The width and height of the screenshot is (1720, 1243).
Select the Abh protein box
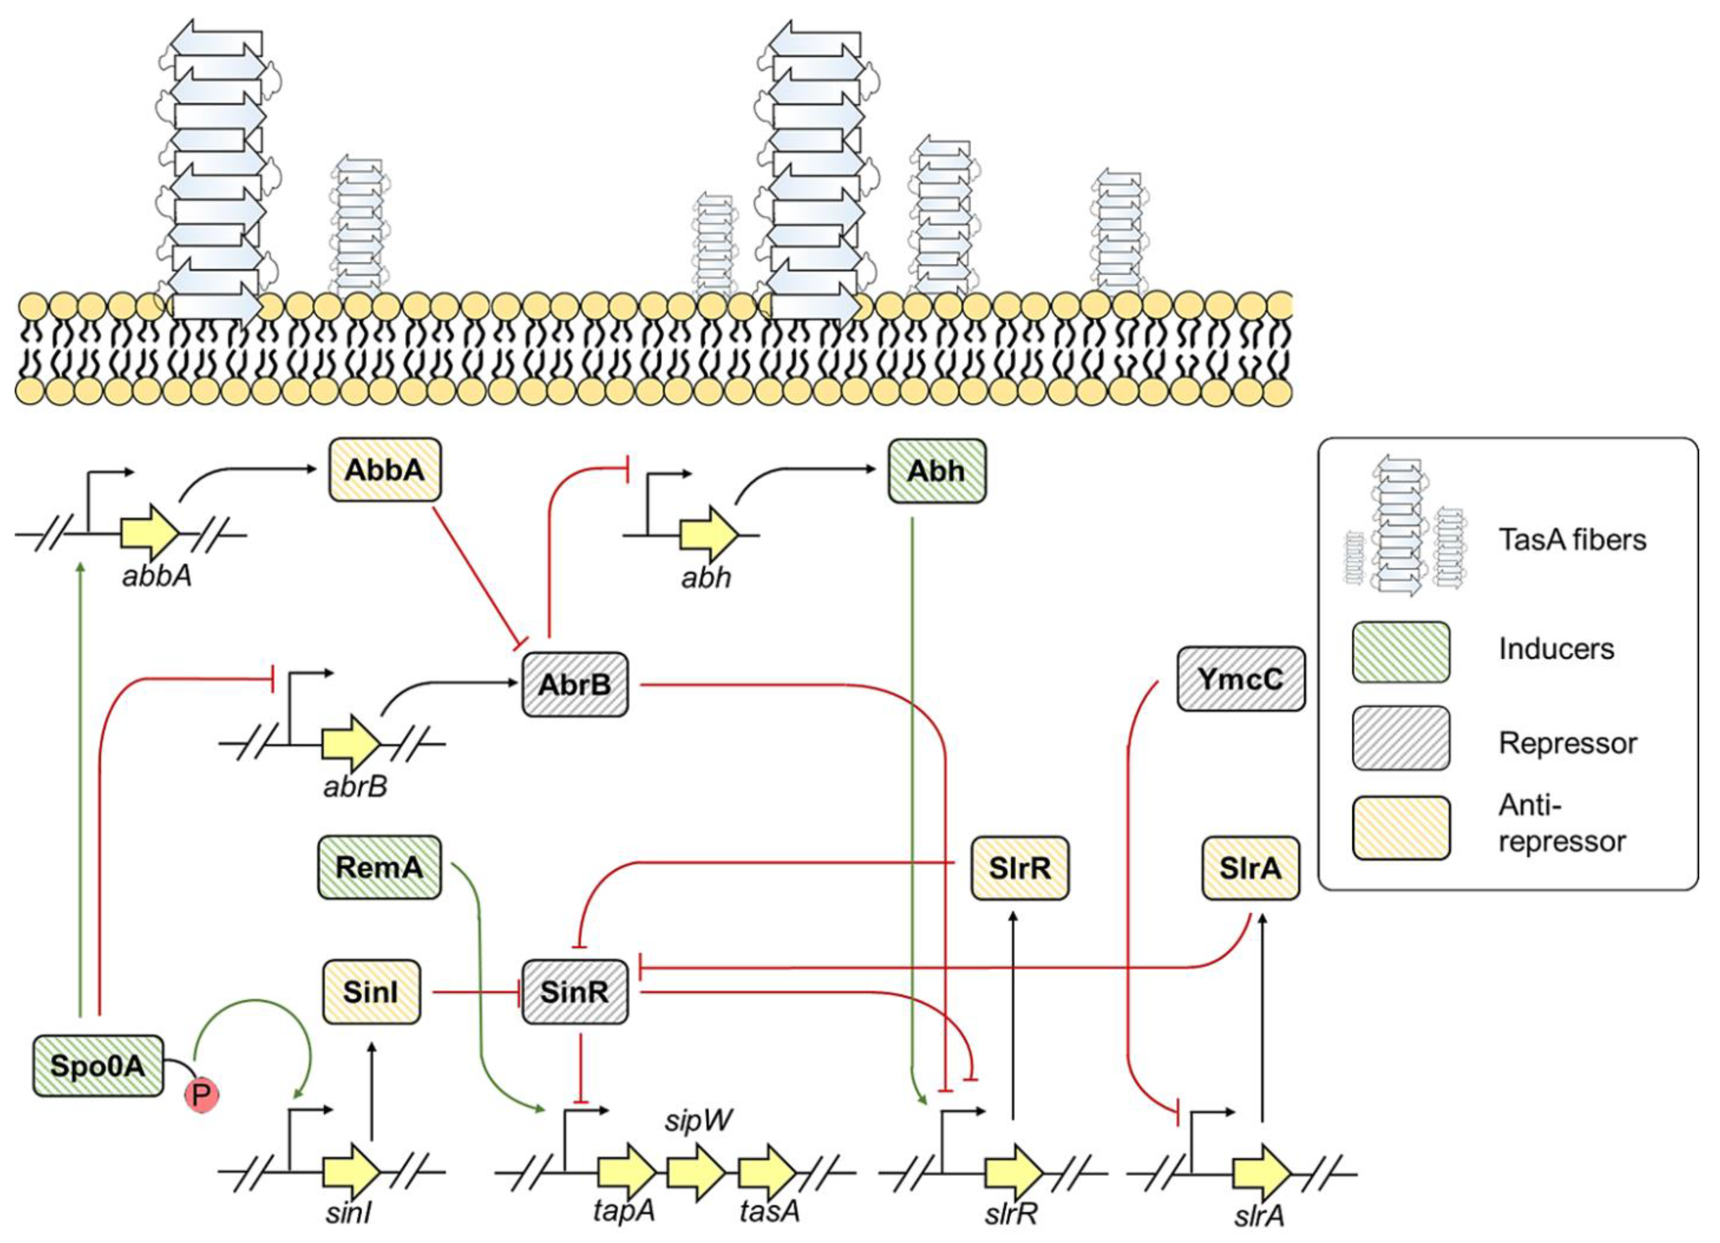pyautogui.click(x=937, y=471)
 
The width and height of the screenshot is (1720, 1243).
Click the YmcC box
pyautogui.click(x=1241, y=679)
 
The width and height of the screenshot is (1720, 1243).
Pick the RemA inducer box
pyautogui.click(x=379, y=867)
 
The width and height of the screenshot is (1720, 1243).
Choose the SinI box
pyautogui.click(x=371, y=992)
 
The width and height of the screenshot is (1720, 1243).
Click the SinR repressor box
pyautogui.click(x=575, y=992)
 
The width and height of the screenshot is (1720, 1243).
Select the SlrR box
pyautogui.click(x=1020, y=868)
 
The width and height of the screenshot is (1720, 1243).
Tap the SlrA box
pyautogui.click(x=1251, y=868)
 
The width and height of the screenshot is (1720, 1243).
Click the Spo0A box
pyautogui.click(x=97, y=1066)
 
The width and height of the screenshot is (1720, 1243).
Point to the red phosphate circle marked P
pyautogui.click(x=201, y=1094)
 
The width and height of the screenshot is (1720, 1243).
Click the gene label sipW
pyautogui.click(x=698, y=1120)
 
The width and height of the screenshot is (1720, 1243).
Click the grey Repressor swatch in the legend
pyautogui.click(x=1401, y=738)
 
